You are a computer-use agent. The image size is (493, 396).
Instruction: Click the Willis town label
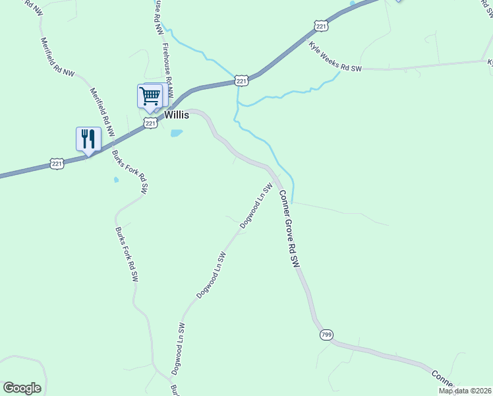click(x=177, y=115)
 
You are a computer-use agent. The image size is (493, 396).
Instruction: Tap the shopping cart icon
click(x=150, y=96)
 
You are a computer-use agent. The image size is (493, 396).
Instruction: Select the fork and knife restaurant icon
click(x=88, y=139)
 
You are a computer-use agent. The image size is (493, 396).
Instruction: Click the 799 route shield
click(x=326, y=335)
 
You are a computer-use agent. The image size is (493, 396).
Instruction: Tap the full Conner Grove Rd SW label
click(x=289, y=229)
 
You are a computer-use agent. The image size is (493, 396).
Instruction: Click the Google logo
click(x=22, y=388)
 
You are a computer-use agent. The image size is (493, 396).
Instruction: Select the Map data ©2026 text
click(x=464, y=391)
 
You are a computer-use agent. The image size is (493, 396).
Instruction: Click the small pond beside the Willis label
click(x=176, y=133)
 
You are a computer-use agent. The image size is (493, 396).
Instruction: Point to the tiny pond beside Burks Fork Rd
click(x=116, y=179)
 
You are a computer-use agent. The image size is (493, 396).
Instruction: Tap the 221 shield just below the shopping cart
click(x=151, y=123)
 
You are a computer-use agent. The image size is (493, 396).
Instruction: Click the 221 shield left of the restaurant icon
click(x=57, y=163)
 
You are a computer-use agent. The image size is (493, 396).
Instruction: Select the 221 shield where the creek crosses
click(x=241, y=81)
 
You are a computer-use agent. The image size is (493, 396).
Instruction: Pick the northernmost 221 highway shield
click(x=321, y=26)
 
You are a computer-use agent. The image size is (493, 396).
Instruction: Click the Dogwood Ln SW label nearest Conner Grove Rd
click(x=256, y=205)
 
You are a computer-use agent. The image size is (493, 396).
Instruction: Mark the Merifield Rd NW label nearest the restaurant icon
click(x=102, y=112)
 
